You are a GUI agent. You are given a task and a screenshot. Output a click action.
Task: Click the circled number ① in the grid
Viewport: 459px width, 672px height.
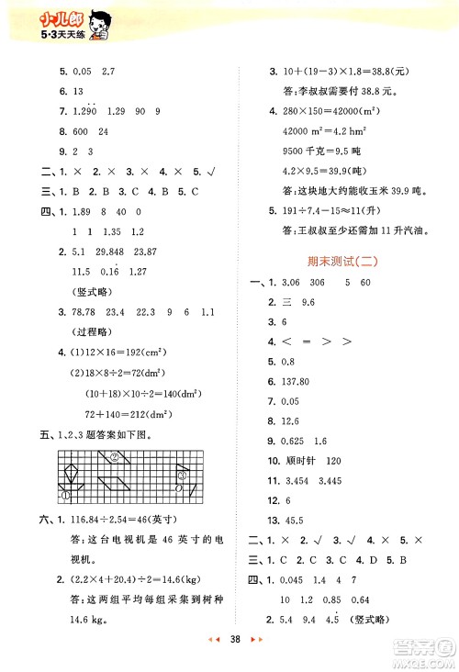point(66,495)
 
